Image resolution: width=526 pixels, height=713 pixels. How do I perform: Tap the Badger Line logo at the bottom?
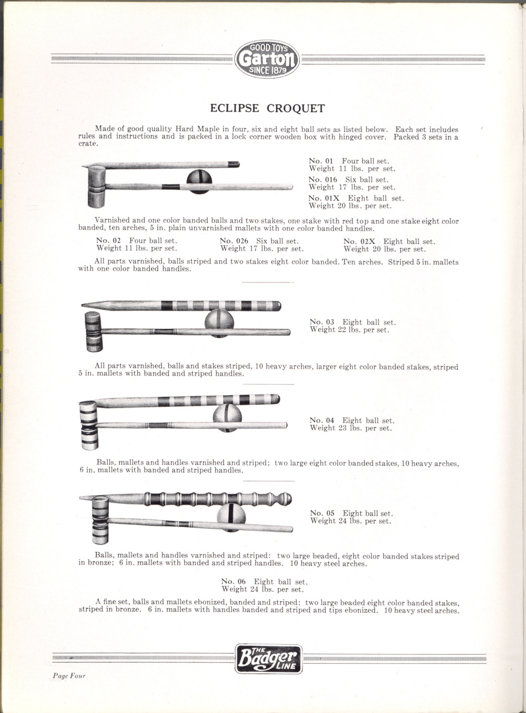[x=268, y=659]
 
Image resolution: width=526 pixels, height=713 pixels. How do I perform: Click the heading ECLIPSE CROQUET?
[x=267, y=108]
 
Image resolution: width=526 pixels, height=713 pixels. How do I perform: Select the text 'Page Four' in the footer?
[x=69, y=676]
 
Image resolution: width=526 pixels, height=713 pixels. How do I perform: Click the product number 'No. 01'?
[x=321, y=161]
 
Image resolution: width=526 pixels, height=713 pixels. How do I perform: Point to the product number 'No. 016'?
[x=323, y=180]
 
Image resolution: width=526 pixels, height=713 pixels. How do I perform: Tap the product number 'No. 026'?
[x=234, y=241]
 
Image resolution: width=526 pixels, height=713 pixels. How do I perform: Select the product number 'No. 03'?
[x=322, y=322]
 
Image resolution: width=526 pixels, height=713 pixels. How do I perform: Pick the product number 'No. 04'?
[x=322, y=420]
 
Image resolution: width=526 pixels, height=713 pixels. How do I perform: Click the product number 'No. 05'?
[x=322, y=513]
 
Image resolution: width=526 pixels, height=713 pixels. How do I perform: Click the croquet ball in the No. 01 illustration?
[x=199, y=181]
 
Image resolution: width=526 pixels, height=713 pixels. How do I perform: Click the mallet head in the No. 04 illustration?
[x=89, y=425]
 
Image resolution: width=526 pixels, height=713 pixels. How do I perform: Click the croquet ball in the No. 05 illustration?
[x=231, y=516]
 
